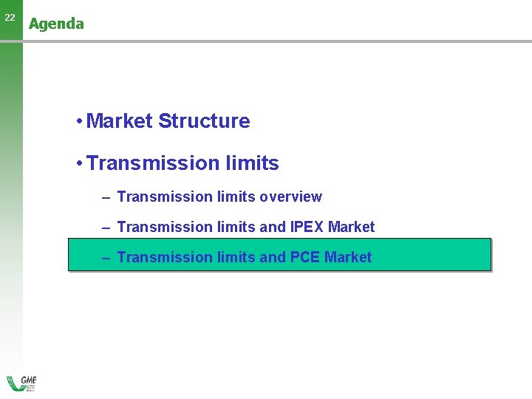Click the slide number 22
(10, 17)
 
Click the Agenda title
(56, 24)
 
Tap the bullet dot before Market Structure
(78, 122)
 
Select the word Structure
(204, 121)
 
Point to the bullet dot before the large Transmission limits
(78, 164)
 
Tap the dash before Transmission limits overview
(106, 197)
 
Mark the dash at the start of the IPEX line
(106, 228)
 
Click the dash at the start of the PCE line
(106, 258)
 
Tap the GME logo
(22, 383)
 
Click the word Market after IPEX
(352, 227)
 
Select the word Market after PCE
(348, 257)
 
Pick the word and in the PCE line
(273, 257)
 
